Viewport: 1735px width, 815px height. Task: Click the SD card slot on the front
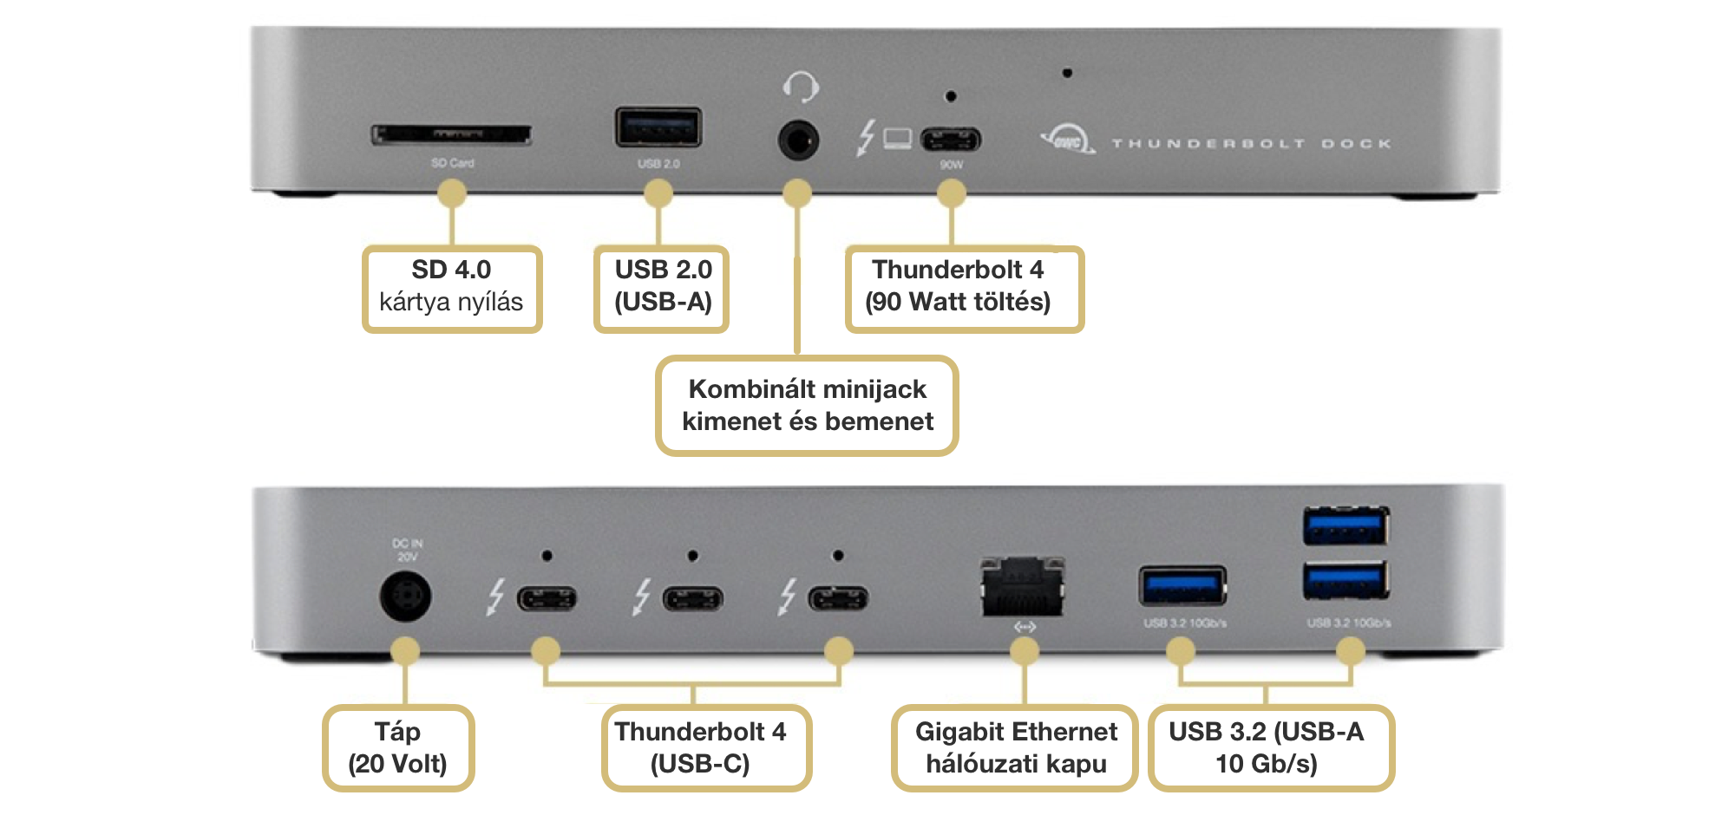point(451,134)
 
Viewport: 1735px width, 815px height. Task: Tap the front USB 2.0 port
point(658,127)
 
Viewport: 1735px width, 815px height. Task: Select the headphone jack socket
point(798,139)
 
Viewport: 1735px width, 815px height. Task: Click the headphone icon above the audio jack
point(800,87)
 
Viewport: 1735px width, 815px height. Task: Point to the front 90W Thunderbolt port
point(951,139)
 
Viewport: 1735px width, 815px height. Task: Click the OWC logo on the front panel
point(1067,140)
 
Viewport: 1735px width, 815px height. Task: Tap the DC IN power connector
point(405,597)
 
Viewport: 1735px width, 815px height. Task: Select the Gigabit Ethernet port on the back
point(1023,587)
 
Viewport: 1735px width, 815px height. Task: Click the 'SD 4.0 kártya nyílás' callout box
point(452,289)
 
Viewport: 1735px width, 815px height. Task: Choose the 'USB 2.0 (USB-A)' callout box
point(662,289)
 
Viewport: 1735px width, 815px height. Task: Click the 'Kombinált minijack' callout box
point(807,406)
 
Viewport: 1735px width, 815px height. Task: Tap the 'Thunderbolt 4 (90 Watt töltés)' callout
point(964,289)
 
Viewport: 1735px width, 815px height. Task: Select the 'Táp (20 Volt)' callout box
point(398,748)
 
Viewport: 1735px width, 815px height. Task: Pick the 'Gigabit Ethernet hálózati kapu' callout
point(1015,748)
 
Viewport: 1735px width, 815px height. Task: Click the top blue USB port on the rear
point(1345,526)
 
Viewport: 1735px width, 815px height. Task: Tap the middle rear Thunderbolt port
point(692,598)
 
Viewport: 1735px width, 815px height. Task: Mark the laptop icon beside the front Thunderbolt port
point(898,139)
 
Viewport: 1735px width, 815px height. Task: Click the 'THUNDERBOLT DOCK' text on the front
point(1251,143)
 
